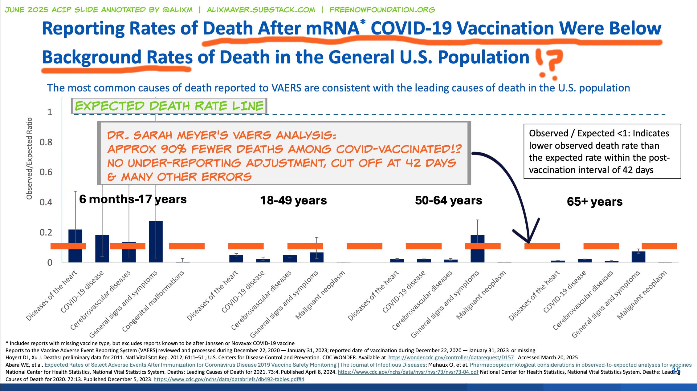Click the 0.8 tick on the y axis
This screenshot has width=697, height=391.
[x=46, y=142]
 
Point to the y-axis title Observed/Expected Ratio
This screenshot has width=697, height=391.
[x=29, y=158]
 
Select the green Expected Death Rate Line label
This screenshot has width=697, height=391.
[x=169, y=106]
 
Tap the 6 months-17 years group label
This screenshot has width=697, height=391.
[x=133, y=199]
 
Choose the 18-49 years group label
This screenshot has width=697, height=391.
[x=293, y=200]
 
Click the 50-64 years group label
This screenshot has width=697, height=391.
[x=448, y=200]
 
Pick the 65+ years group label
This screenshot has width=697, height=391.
[x=594, y=202]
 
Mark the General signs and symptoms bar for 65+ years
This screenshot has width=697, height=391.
[x=638, y=257]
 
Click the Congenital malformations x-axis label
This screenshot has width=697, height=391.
[x=154, y=301]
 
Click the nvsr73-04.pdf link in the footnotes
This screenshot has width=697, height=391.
[x=408, y=372]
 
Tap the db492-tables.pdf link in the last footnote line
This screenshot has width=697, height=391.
[x=229, y=379]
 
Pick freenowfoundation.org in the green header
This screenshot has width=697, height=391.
[x=382, y=10]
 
